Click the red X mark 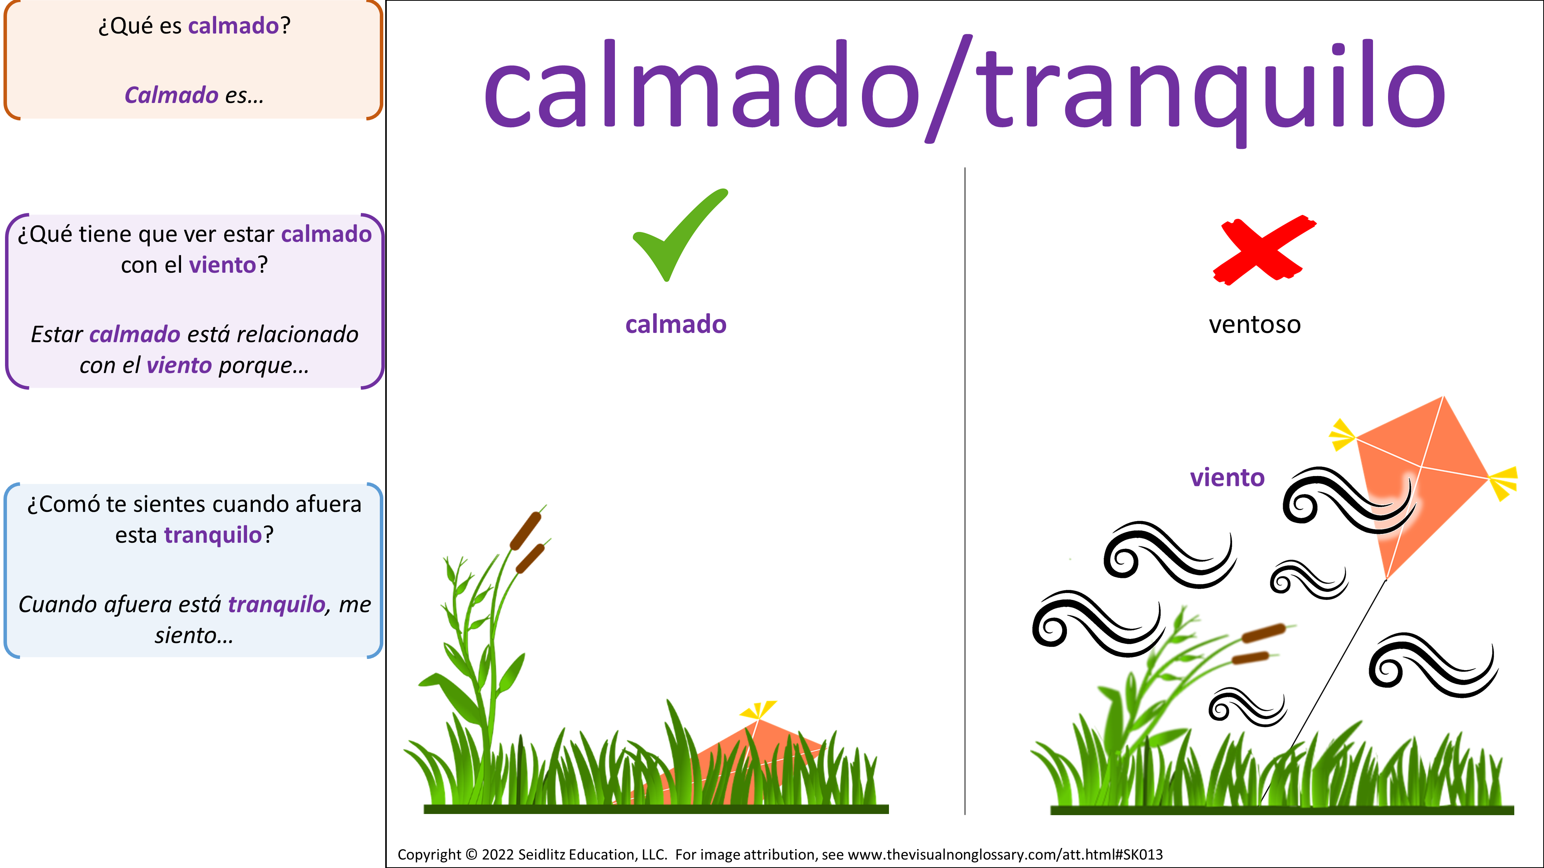1263,250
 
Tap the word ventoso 1254,325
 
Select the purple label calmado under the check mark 675,325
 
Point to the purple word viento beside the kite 1227,478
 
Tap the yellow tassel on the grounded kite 758,710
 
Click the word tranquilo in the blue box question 213,535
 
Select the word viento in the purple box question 222,265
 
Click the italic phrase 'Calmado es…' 194,95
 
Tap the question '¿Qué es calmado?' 194,26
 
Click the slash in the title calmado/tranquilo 949,89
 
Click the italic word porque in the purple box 264,365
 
